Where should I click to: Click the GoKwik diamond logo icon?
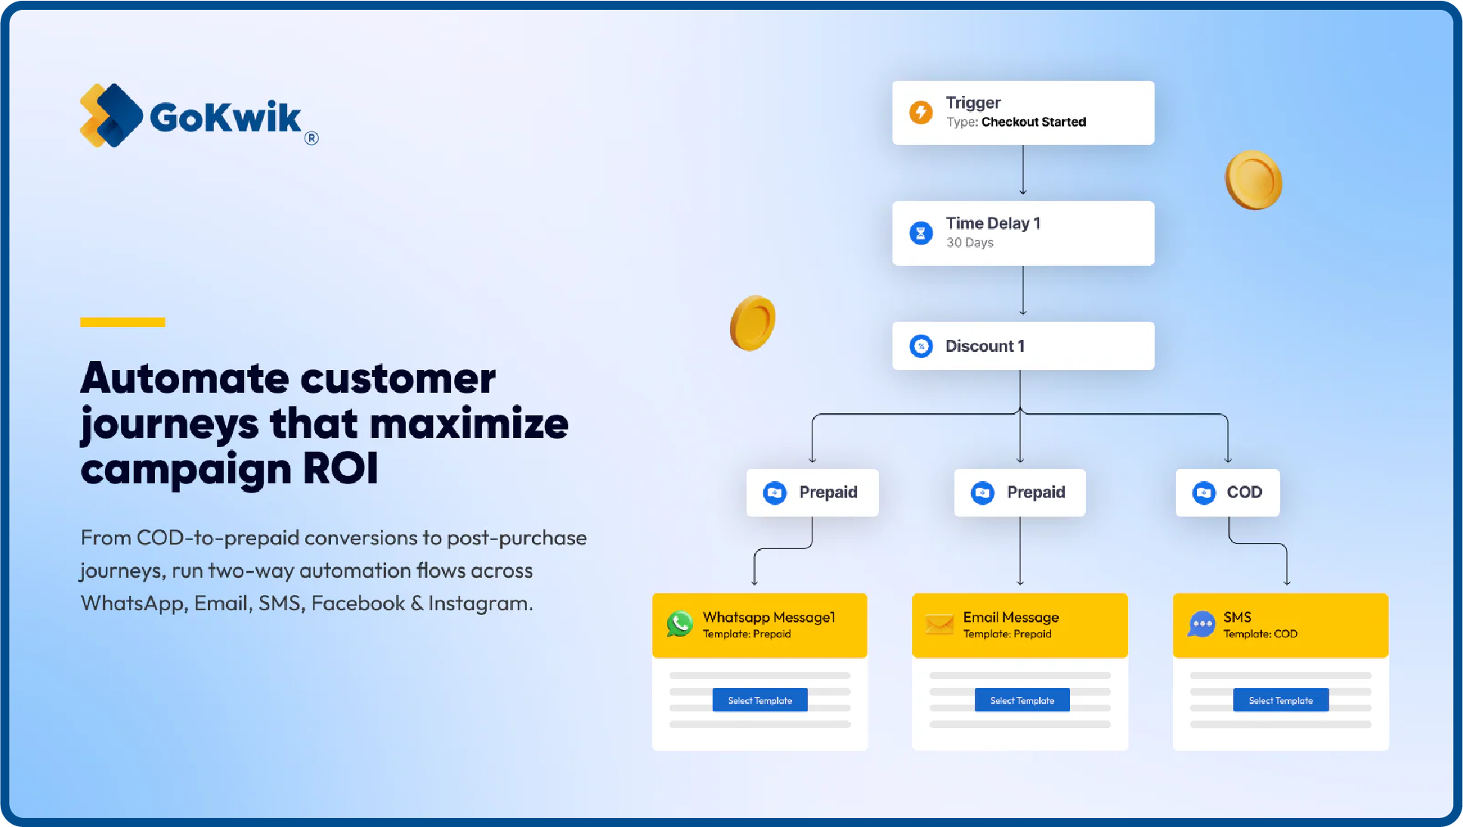(x=111, y=116)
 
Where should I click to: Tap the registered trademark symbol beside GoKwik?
(x=311, y=138)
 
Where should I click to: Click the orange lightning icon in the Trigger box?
(x=920, y=113)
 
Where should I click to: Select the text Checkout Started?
(x=1033, y=122)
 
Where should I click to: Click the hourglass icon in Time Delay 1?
(x=920, y=233)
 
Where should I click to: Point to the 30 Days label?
(x=970, y=243)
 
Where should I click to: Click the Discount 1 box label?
(x=985, y=347)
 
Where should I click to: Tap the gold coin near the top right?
(x=1253, y=181)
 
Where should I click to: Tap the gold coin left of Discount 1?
(x=753, y=323)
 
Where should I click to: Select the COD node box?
(x=1227, y=492)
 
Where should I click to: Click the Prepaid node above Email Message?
(x=1019, y=492)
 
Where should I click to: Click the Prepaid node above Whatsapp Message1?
(x=812, y=492)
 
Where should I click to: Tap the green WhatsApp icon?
(x=679, y=624)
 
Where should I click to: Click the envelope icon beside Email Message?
(x=939, y=624)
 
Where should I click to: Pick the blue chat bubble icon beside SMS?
(x=1201, y=625)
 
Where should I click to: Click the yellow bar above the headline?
(x=122, y=322)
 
